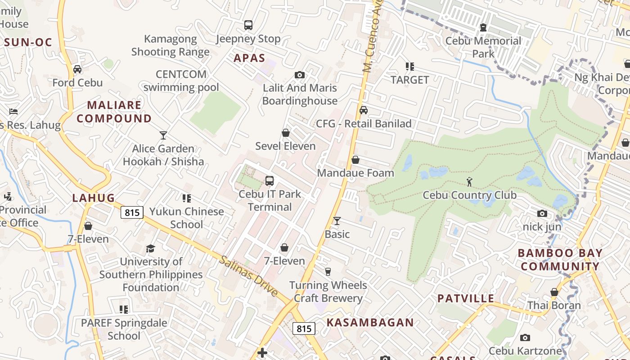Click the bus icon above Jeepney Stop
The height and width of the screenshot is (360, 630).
coord(248,25)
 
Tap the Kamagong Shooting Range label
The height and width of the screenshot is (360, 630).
coord(170,45)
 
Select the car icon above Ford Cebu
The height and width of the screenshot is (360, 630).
coord(77,69)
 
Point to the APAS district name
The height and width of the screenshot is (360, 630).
coord(249,58)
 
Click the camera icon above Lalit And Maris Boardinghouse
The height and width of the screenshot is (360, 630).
coord(300,75)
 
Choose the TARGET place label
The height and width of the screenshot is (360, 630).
coord(409,80)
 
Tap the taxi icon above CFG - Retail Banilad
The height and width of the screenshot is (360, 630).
coord(364,110)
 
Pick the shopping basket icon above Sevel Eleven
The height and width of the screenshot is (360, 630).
coord(285,133)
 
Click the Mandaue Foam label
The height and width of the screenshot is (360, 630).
coord(355,173)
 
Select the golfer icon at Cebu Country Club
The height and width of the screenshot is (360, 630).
coord(470,182)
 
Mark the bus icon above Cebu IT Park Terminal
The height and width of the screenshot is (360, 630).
coord(270,181)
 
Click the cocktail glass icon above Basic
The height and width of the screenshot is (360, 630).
coord(337,221)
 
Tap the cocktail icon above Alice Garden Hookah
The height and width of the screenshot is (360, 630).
coord(163,135)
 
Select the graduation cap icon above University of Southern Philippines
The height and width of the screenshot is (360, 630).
coord(150,248)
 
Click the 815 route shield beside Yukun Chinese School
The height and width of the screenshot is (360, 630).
coord(132,212)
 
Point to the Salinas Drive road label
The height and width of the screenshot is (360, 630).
coord(249,275)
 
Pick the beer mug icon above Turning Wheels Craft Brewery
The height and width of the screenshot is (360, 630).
coord(328,272)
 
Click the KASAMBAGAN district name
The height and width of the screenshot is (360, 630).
coord(370,323)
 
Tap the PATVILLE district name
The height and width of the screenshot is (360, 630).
coord(466,299)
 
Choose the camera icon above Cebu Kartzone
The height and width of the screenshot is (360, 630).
coord(525,338)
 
